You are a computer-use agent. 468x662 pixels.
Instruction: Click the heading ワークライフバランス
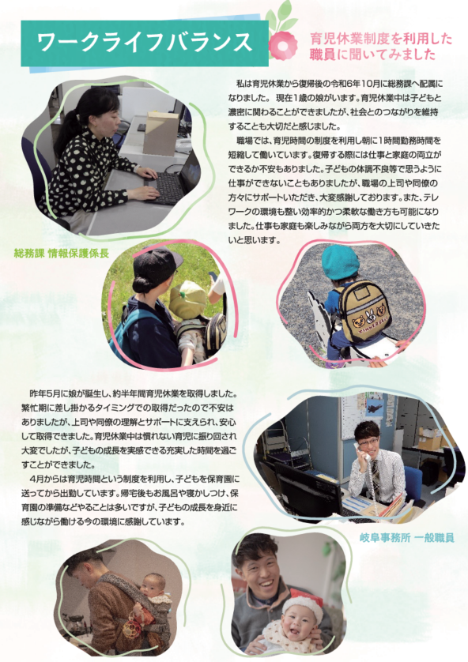coord(145,43)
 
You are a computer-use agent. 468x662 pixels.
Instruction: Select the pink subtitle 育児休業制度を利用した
coord(381,39)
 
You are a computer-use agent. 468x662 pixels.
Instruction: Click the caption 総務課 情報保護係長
coord(62,254)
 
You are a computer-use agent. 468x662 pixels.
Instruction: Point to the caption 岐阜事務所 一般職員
coord(407,537)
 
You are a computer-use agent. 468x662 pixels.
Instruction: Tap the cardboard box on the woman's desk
coord(160,134)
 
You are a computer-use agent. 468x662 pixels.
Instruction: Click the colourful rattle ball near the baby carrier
coord(132,628)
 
